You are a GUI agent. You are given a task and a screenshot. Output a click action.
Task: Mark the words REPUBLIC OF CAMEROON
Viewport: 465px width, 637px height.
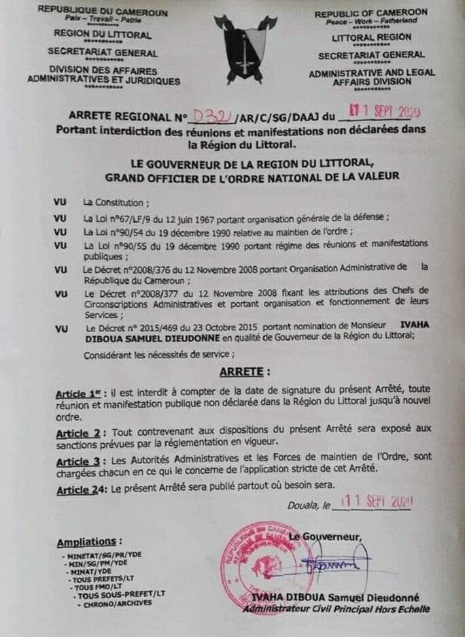(x=371, y=12)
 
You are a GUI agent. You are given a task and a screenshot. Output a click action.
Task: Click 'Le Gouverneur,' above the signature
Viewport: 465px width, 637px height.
(x=325, y=537)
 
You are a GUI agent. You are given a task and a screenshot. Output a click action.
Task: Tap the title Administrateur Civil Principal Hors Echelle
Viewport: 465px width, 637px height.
(x=337, y=609)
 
